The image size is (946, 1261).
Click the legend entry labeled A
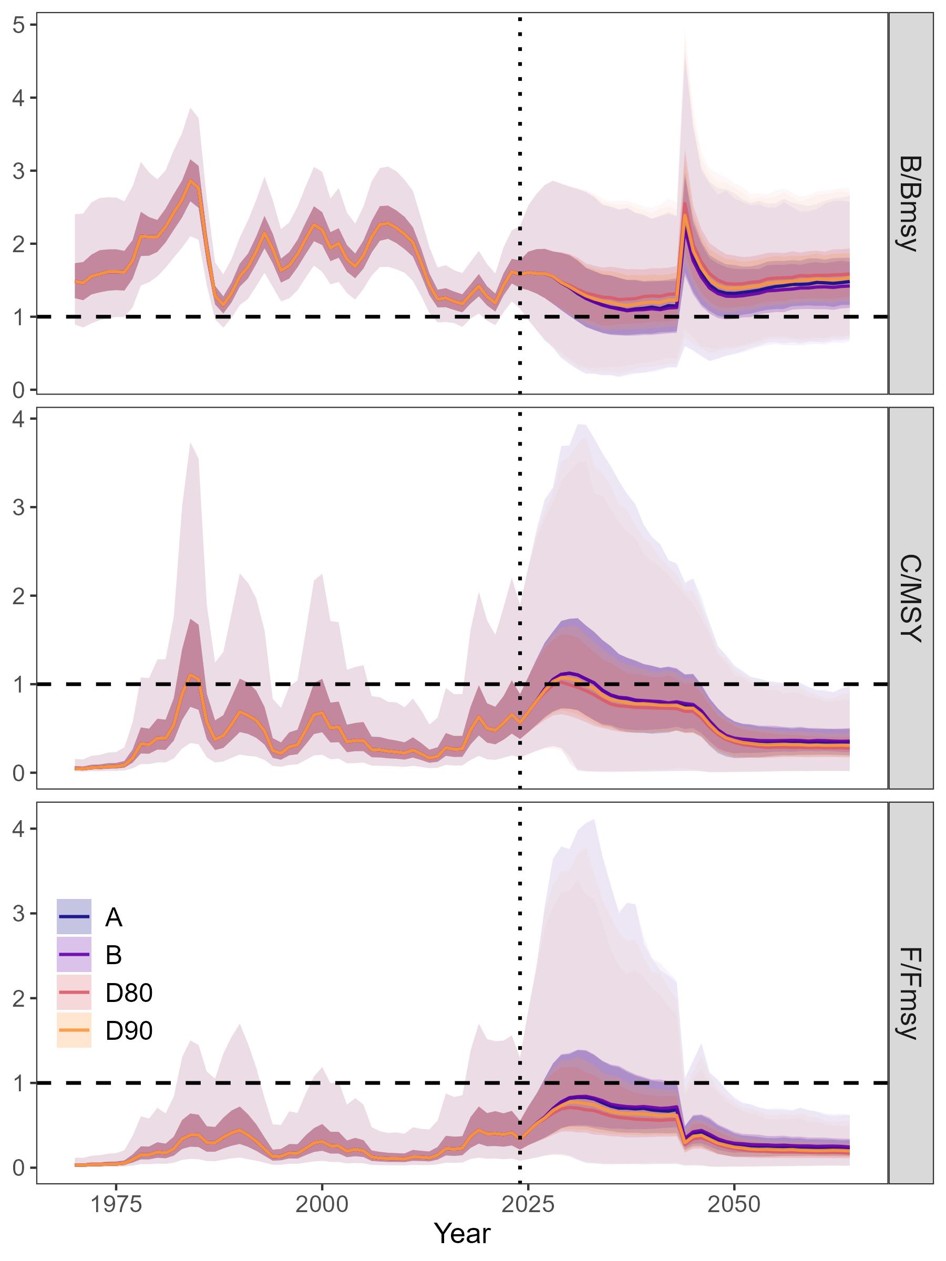pyautogui.click(x=114, y=917)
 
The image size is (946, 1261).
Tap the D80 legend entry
pyautogui.click(x=128, y=993)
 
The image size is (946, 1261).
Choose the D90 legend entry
pyautogui.click(x=128, y=1030)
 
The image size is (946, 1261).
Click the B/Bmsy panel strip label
pyautogui.click(x=910, y=203)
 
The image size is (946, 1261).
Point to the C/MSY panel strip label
pyautogui.click(x=910, y=598)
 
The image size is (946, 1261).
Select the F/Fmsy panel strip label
pyautogui.click(x=910, y=993)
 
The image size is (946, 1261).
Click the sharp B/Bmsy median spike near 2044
pyautogui.click(x=684, y=215)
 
